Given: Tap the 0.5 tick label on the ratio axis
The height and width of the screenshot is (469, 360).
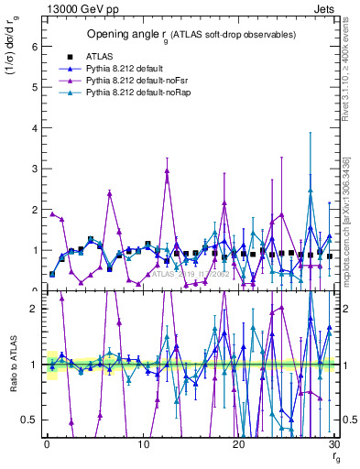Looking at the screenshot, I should click(31, 420).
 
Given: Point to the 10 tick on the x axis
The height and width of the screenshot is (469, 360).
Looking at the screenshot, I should click(144, 445).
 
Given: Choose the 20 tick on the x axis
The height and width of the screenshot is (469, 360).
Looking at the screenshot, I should click(239, 445).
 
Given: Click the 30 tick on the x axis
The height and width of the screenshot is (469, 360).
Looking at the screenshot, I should click(334, 445).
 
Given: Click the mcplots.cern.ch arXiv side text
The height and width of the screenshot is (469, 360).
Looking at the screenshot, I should click(349, 229).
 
